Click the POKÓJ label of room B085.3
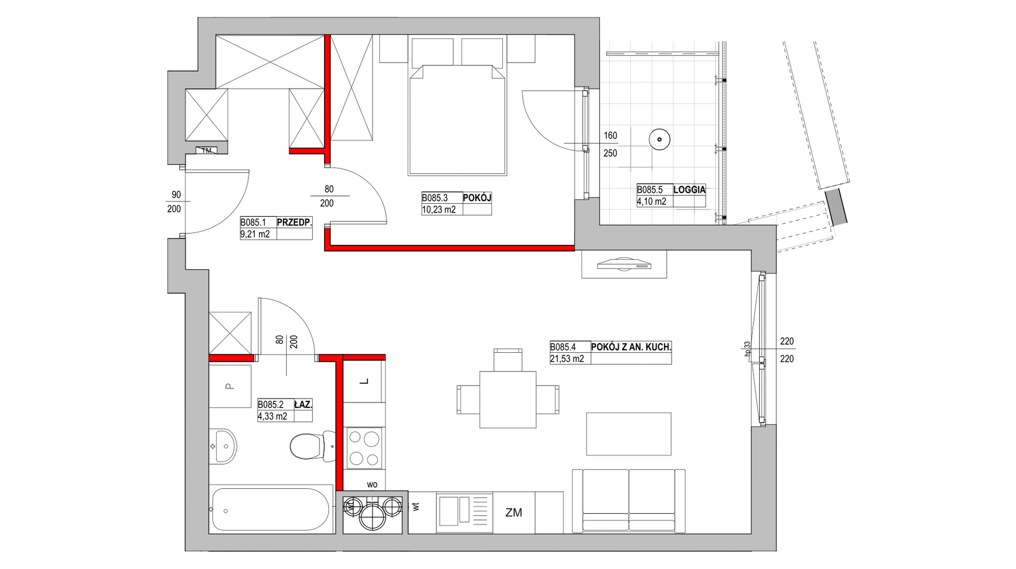click(x=477, y=198)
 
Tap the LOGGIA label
click(x=689, y=190)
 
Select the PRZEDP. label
click(x=294, y=222)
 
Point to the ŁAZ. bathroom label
click(x=303, y=404)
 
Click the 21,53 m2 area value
click(x=567, y=358)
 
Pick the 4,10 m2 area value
click(x=652, y=201)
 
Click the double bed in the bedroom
click(x=457, y=119)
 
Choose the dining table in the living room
click(x=508, y=399)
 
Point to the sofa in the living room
click(x=629, y=501)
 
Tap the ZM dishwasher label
click(x=514, y=513)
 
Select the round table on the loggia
click(x=659, y=138)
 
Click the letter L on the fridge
click(x=365, y=382)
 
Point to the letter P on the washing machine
click(x=229, y=386)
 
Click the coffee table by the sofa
click(x=629, y=434)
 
